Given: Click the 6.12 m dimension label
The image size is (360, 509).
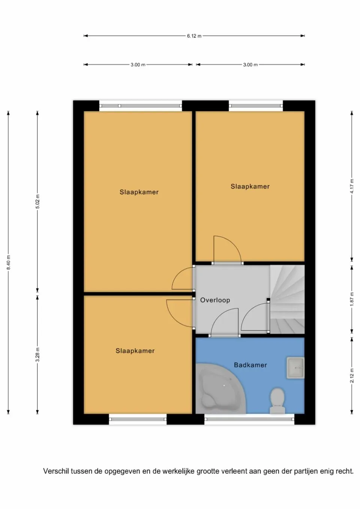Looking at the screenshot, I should (194, 36).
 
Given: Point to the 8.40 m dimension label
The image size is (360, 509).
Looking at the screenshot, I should (8, 262).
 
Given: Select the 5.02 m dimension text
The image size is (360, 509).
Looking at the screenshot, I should (37, 202).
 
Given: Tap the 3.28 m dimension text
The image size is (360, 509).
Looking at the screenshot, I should (37, 355).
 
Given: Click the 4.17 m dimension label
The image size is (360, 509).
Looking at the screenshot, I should (352, 186).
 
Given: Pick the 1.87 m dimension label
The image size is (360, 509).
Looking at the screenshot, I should (352, 299).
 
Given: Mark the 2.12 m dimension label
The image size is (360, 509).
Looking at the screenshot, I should (352, 376).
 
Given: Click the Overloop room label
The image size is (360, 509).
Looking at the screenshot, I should (215, 300).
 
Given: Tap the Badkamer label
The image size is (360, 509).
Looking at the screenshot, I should (250, 365).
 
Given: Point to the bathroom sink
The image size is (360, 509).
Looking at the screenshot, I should (295, 368).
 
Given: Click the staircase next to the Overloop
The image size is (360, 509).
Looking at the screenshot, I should (288, 299).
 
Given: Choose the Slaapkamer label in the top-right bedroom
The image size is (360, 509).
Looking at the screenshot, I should (250, 186).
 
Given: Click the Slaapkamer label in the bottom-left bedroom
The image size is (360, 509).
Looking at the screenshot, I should (135, 351).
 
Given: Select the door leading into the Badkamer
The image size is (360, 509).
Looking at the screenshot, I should (224, 323).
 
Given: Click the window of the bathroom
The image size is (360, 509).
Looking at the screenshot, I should (249, 419).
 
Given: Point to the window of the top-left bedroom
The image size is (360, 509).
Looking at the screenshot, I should (141, 106).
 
